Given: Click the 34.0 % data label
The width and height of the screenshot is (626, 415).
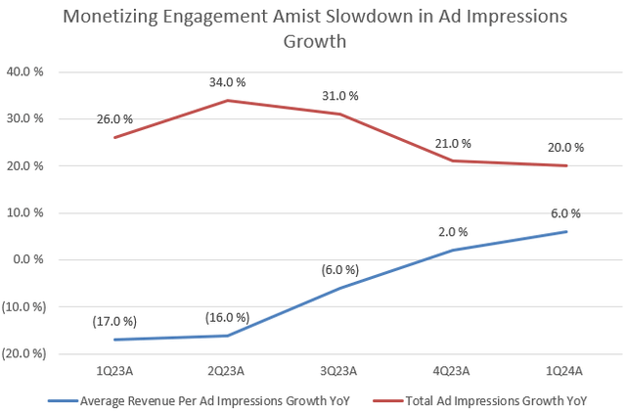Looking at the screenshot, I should [x=228, y=81].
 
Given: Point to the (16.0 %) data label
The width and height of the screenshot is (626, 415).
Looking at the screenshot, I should [x=227, y=317].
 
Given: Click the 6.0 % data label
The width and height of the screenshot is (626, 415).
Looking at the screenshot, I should [x=566, y=213].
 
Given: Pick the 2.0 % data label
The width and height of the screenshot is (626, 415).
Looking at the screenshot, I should [x=453, y=232].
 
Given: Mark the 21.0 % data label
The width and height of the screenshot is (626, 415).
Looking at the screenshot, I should [x=453, y=143].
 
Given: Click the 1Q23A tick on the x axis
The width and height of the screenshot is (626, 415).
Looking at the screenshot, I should [x=115, y=372].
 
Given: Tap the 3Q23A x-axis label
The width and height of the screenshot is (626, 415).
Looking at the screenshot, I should [x=340, y=372].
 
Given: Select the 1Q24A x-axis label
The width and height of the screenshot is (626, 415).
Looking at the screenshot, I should [x=566, y=372].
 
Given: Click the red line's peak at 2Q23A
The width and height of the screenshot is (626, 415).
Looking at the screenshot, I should [x=228, y=100].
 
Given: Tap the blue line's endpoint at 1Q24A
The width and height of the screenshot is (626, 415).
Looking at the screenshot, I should [x=566, y=231].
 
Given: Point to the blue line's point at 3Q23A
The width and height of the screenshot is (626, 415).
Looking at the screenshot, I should [x=340, y=288].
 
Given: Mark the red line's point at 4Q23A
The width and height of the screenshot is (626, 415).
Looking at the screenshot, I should [x=454, y=161].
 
